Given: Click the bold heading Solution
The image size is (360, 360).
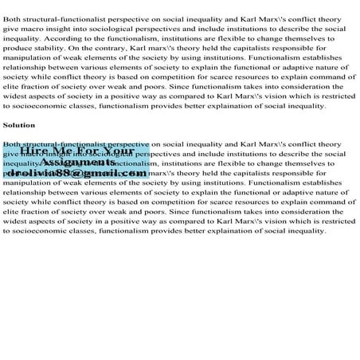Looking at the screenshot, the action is coord(19,125).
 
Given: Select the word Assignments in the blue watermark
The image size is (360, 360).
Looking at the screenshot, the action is coord(84,161).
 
